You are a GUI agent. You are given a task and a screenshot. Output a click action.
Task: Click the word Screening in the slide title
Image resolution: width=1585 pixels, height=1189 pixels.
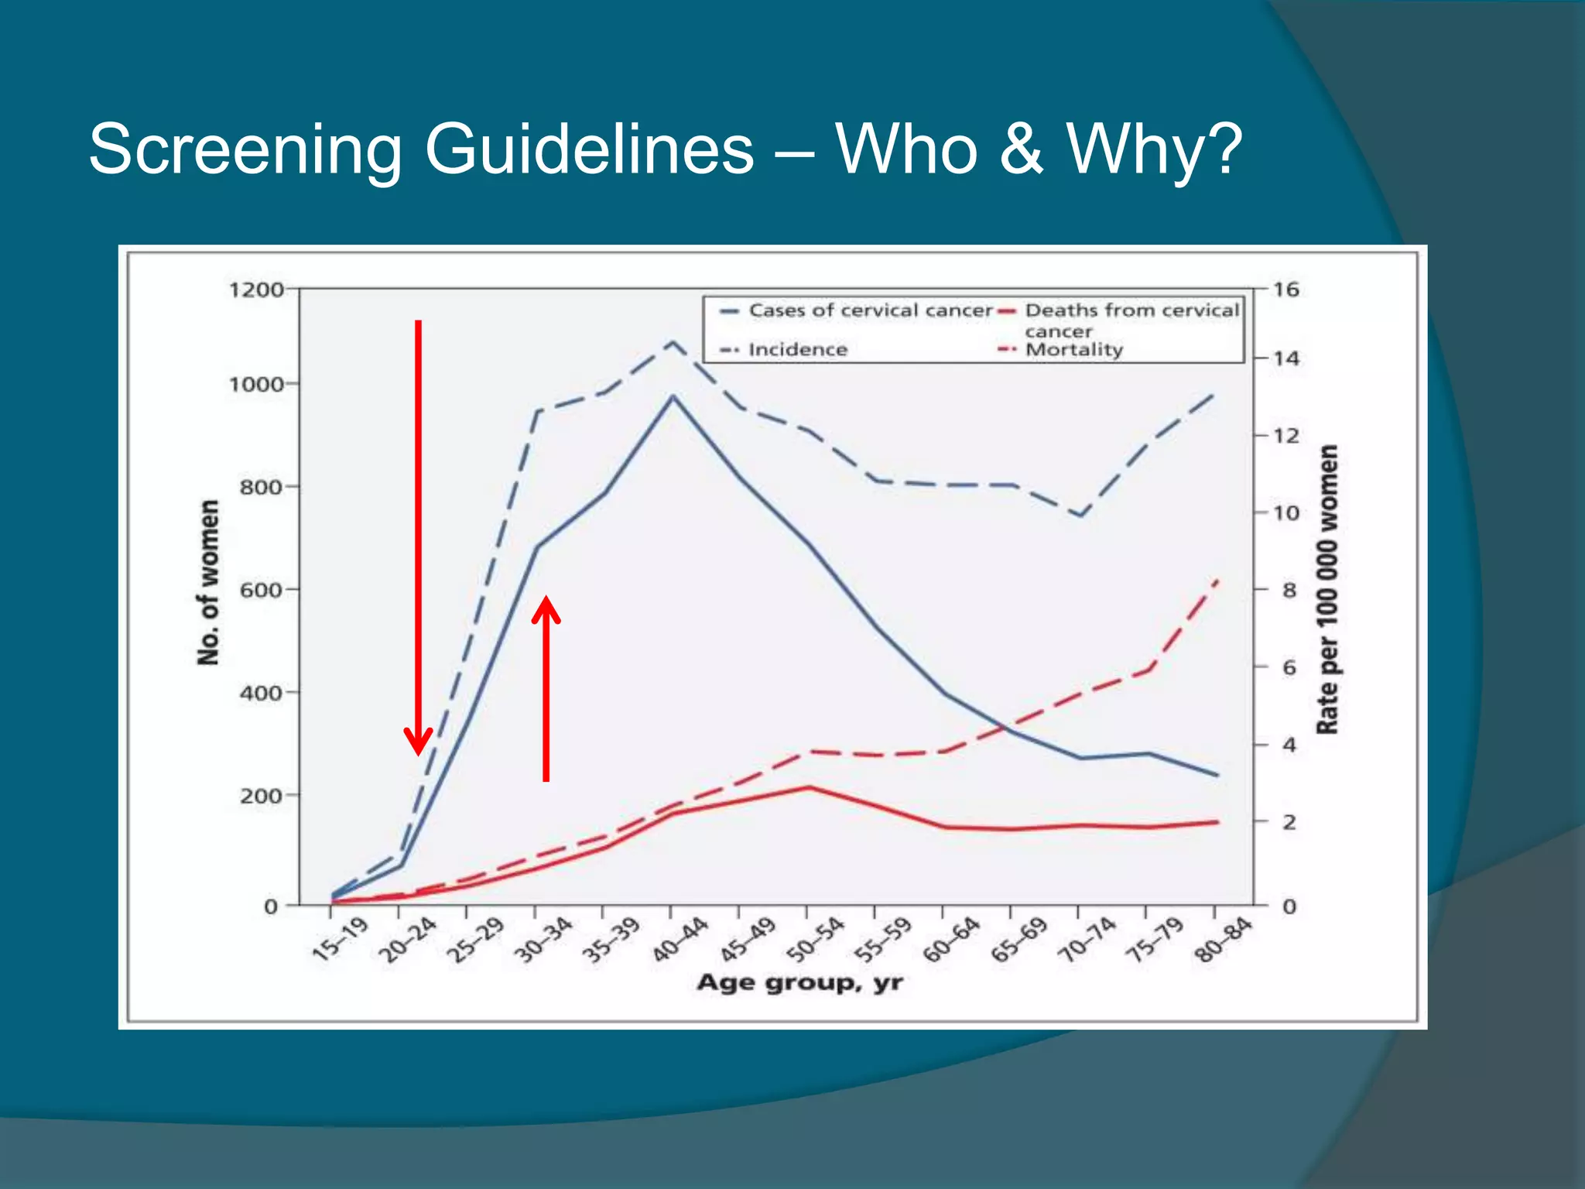point(245,149)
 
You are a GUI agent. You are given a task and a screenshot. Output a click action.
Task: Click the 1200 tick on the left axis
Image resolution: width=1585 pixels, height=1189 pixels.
point(256,290)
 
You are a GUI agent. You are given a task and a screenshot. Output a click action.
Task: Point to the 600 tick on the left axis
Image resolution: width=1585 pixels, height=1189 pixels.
point(261,590)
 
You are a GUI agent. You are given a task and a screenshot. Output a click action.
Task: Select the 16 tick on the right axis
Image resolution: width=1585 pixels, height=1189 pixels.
point(1285,290)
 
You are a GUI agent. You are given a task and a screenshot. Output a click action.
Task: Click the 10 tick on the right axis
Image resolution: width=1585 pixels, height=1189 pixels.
point(1285,512)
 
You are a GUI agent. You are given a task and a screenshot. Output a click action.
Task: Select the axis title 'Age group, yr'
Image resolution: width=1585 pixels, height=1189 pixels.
point(799,983)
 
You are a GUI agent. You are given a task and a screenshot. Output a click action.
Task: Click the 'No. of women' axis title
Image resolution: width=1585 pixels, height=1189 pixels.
point(208,582)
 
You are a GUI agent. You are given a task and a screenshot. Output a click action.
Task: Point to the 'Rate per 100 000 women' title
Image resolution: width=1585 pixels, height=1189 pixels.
point(1327,589)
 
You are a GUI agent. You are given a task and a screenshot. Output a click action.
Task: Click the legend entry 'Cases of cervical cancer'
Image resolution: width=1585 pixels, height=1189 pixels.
point(869,310)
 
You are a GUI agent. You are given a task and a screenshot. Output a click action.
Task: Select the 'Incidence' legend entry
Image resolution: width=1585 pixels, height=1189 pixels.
point(797,350)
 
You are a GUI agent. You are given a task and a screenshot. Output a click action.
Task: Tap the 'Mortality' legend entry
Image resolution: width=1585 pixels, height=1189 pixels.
point(1073,350)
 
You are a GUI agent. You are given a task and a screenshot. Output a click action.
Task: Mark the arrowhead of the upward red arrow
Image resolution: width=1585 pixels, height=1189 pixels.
point(546,607)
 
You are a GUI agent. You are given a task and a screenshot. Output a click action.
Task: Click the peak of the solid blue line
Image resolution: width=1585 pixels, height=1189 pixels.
point(673,396)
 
